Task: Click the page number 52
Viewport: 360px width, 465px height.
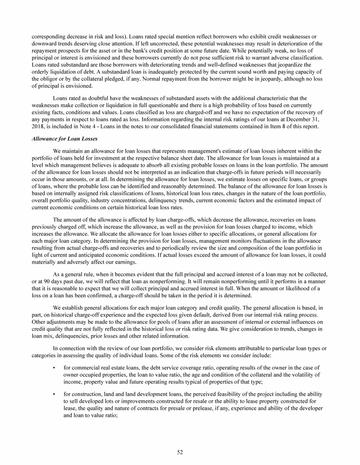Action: point(180,452)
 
